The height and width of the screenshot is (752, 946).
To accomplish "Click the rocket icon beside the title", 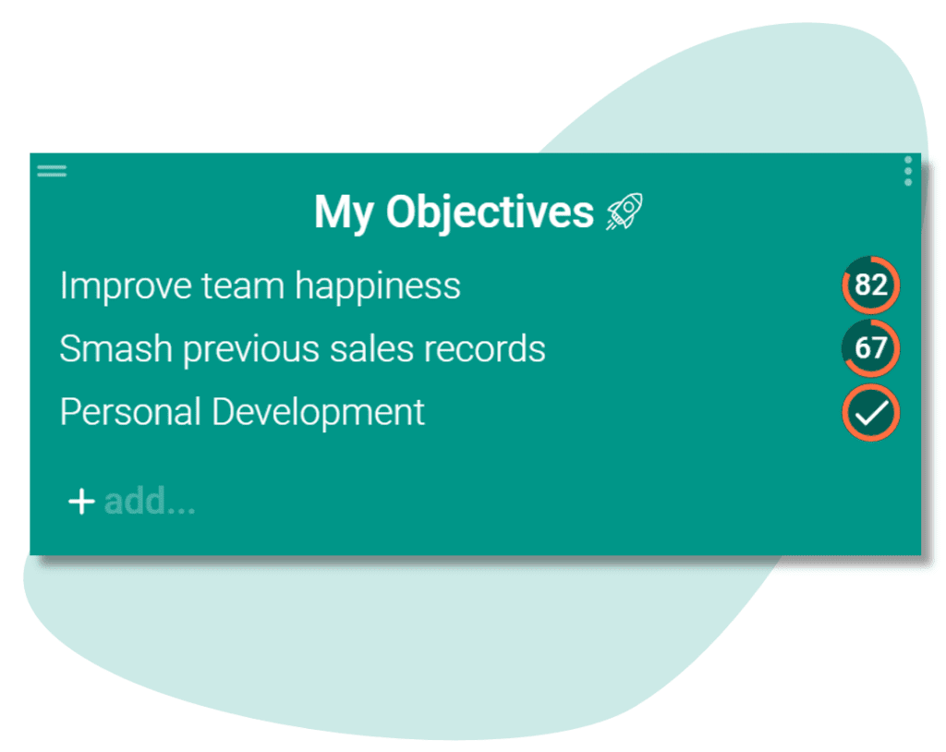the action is [x=625, y=212].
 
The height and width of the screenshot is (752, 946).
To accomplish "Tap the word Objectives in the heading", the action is [x=490, y=213].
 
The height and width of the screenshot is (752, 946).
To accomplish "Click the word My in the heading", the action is [x=344, y=213].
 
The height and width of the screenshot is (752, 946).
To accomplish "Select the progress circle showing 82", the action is [x=870, y=285].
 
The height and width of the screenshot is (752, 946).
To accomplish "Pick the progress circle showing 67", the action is [x=870, y=348].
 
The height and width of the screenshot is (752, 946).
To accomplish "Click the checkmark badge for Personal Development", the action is [x=870, y=413].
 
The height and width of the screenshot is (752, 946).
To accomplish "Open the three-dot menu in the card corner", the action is [x=908, y=172].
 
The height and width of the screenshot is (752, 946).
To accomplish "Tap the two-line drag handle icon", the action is [x=52, y=172].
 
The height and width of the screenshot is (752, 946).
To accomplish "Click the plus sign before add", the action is [x=81, y=502].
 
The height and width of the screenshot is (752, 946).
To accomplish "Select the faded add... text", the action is [x=150, y=501].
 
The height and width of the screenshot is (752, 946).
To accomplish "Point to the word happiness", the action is [x=378, y=286].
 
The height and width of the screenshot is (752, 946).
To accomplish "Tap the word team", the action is [x=243, y=286].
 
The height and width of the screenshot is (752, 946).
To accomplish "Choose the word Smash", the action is [x=115, y=348].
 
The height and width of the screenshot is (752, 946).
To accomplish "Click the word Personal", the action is [x=130, y=412].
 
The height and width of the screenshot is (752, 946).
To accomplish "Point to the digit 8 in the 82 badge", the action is [x=863, y=285].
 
